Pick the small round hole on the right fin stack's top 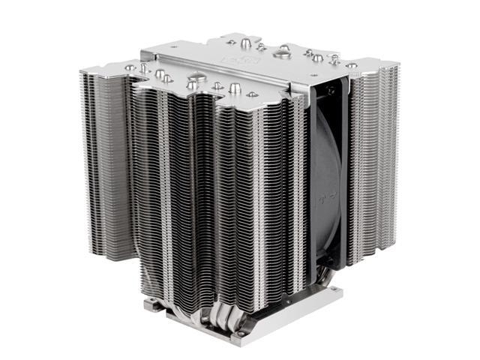pyautogui.click(x=352, y=65)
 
